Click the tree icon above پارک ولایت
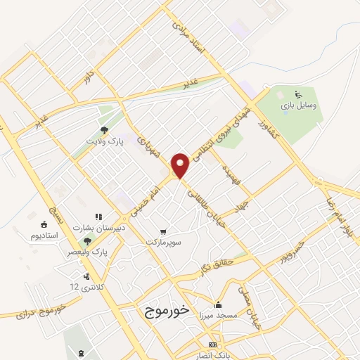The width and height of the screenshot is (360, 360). pos(104,130)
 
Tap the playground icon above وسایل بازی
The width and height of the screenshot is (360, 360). pos(297,94)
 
